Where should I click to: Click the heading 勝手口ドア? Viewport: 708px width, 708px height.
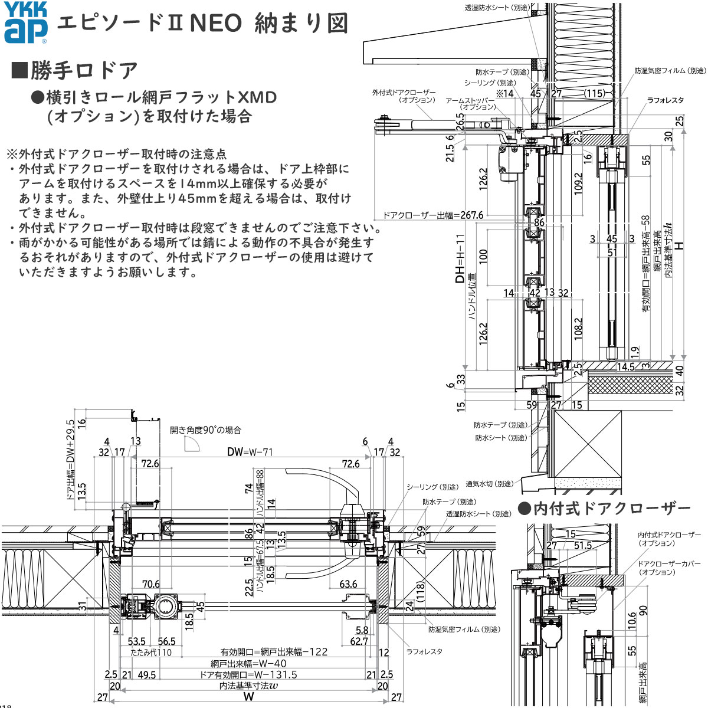tap(75, 70)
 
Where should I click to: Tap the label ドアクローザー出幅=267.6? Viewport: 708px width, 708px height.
tap(433, 215)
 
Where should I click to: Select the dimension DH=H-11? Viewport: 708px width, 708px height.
tap(461, 260)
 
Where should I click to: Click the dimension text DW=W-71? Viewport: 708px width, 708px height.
tap(250, 452)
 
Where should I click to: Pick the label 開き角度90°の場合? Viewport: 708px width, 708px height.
tap(205, 431)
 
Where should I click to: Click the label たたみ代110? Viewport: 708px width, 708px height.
tap(151, 653)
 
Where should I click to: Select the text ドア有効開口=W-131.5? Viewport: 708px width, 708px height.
tap(248, 675)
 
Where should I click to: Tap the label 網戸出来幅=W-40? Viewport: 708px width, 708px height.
tap(248, 664)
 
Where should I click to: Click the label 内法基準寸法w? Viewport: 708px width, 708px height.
tap(248, 686)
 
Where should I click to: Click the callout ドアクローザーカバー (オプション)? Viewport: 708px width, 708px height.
tap(661, 568)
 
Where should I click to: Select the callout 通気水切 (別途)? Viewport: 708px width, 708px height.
tap(489, 484)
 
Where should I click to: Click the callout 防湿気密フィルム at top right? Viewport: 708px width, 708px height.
tap(670, 70)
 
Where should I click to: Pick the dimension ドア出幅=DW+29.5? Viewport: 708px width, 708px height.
tap(70, 460)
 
